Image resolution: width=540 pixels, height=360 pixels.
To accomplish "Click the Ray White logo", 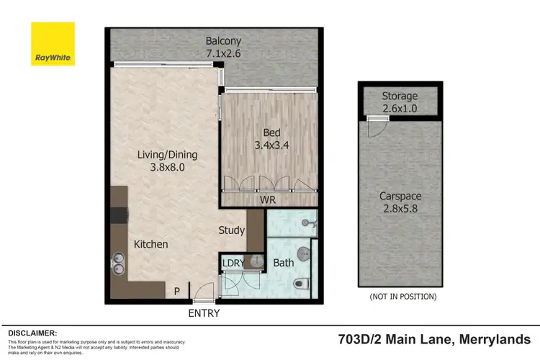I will tap(53, 44).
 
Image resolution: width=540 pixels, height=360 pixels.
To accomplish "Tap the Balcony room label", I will tap(222, 40).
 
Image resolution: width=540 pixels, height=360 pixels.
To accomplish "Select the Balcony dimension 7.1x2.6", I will tap(222, 53).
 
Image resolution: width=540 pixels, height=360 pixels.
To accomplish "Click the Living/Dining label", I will tap(168, 155).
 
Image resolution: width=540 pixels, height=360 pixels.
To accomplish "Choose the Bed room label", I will tap(271, 132).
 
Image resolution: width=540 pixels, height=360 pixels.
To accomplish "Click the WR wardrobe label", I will tap(267, 199).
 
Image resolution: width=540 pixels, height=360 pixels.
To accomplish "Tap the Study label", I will tap(232, 231).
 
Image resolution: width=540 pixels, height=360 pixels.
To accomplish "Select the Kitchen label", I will tap(151, 245).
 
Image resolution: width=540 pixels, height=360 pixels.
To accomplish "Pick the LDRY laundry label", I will tap(234, 263).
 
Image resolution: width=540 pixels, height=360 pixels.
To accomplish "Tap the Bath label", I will tap(283, 263).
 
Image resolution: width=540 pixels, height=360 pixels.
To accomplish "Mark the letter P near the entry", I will tap(176, 291).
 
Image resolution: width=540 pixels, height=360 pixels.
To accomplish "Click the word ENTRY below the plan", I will tap(204, 314).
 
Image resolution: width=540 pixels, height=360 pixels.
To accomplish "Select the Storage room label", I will tap(400, 96).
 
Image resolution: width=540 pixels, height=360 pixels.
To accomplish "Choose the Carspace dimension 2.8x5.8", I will tap(400, 210).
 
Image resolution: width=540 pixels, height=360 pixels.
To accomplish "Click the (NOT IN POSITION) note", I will tap(402, 297).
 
